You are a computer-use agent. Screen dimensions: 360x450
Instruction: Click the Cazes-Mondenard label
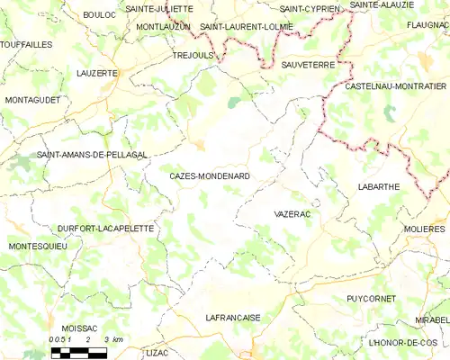point(210,176)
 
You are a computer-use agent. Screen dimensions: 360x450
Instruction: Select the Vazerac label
point(292,216)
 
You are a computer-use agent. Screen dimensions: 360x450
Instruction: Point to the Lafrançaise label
point(233,318)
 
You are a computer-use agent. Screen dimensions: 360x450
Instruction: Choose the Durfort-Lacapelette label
point(105,229)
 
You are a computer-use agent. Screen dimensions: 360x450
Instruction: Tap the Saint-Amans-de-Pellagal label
point(92,156)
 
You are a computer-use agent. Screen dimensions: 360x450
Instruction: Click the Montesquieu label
point(38,247)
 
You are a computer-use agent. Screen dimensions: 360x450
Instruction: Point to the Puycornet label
point(371,298)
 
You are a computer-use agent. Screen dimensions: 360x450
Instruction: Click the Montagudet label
point(36,99)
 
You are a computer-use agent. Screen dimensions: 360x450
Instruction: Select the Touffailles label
point(26,43)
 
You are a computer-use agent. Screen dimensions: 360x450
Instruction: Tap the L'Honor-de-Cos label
point(402,343)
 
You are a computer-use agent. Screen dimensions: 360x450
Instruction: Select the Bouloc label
point(99,15)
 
